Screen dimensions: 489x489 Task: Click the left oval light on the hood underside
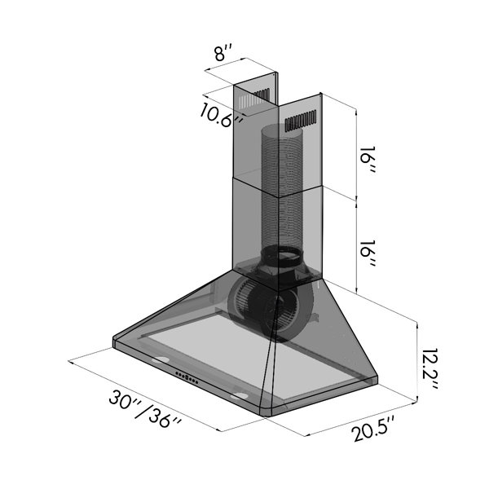click(161, 359)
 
